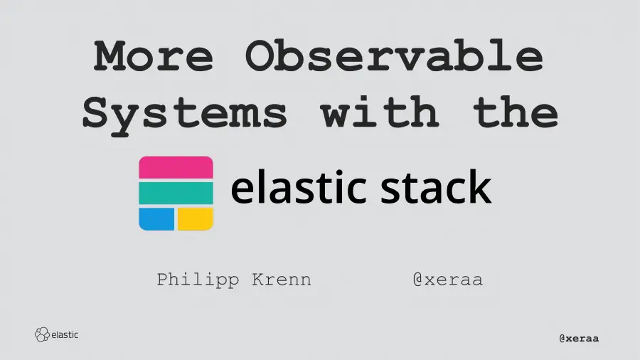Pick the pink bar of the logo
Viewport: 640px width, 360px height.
[x=176, y=167]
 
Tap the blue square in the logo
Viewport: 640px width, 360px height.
[x=156, y=219]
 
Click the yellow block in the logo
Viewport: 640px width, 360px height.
[x=196, y=219]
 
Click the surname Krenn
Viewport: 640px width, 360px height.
[x=282, y=279]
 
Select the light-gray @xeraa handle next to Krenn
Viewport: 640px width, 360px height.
[x=447, y=279]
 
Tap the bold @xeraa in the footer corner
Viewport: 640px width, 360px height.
[x=579, y=338]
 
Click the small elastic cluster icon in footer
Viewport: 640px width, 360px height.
[x=42, y=334]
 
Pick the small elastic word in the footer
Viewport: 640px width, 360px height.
[x=65, y=334]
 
